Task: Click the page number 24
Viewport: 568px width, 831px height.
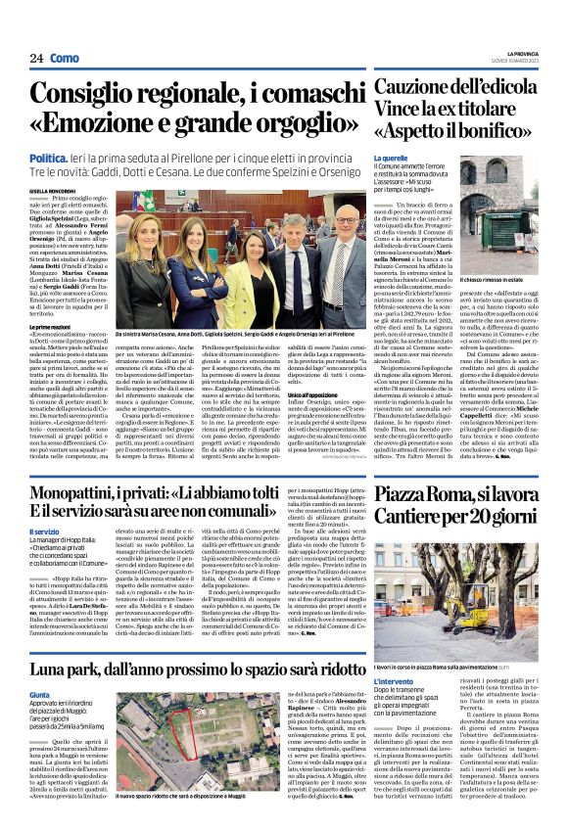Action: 36,59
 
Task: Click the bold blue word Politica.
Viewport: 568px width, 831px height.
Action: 48,159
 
